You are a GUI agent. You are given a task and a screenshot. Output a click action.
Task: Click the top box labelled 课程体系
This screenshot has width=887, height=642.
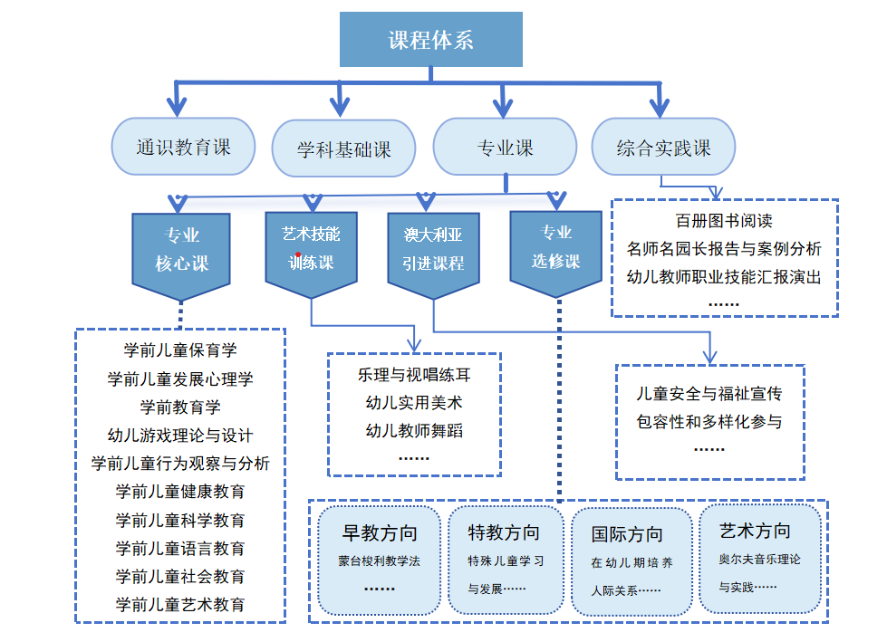coord(431,40)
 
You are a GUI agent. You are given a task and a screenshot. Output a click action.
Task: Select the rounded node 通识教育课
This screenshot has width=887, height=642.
coord(184,147)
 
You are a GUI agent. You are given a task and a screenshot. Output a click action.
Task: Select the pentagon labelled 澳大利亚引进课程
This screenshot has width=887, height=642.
coord(433,250)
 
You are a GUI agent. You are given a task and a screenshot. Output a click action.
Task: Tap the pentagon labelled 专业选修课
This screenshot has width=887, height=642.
coord(555,247)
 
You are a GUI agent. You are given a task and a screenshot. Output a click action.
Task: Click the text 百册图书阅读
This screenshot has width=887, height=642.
coord(724,221)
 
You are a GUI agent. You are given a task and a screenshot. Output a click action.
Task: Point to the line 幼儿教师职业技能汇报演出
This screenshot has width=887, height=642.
coord(724,278)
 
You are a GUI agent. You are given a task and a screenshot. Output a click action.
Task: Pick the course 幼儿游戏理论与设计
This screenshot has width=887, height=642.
coord(180,436)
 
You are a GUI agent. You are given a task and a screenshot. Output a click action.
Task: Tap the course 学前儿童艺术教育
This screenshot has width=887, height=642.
coord(180,605)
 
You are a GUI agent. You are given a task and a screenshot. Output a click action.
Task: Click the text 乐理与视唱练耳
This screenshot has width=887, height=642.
coord(414,374)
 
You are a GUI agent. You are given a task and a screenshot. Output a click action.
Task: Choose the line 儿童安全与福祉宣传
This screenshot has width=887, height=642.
coord(709,395)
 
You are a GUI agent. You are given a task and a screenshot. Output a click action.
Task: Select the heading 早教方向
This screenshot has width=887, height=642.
coord(380,532)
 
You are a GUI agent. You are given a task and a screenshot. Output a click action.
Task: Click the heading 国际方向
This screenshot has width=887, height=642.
coord(627,534)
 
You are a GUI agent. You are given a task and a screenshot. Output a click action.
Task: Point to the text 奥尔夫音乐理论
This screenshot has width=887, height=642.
coord(759,560)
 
